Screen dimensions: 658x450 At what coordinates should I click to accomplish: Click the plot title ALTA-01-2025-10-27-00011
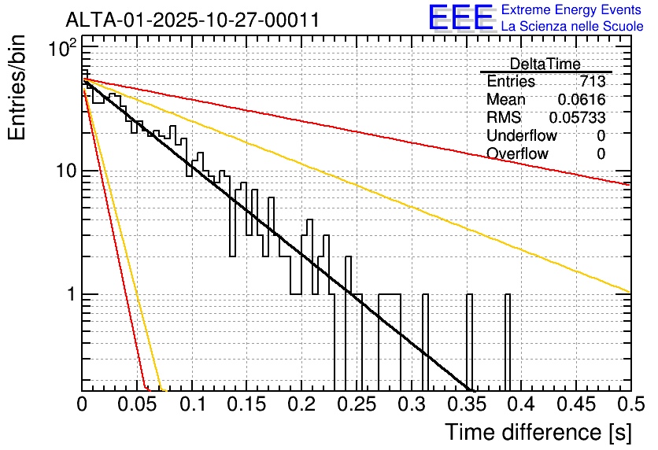[193, 20]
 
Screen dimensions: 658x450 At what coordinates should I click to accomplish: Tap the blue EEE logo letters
[461, 17]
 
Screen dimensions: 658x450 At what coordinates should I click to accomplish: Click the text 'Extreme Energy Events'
[571, 9]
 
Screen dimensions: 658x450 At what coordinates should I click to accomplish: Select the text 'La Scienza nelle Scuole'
[572, 27]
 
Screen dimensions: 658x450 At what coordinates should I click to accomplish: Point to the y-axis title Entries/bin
[17, 87]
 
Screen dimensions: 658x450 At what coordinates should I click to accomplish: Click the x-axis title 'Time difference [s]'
[538, 432]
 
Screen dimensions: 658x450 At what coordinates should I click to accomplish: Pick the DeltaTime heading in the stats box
[545, 65]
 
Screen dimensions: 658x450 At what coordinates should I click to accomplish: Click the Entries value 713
[593, 81]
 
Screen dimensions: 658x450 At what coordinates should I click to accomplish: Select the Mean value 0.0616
[582, 99]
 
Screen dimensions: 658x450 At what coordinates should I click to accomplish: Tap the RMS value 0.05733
[578, 118]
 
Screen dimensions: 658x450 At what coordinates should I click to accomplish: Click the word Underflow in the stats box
[522, 136]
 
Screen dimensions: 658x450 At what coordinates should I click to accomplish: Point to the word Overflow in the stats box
[517, 154]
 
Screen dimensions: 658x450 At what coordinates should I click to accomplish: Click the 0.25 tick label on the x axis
[357, 404]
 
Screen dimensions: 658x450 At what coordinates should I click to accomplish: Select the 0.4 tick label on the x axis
[519, 404]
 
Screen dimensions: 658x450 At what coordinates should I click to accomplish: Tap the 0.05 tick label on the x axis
[137, 404]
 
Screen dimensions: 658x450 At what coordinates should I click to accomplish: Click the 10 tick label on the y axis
[67, 172]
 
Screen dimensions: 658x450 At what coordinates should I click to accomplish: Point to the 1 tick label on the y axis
[71, 294]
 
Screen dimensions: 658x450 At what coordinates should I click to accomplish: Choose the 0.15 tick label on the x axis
[247, 404]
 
